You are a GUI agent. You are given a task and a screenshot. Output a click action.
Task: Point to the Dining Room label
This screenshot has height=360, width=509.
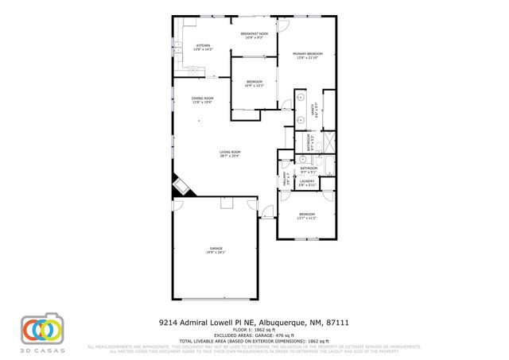coord(203,100)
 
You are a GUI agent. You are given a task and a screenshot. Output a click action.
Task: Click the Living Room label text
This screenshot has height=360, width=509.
coord(231,153)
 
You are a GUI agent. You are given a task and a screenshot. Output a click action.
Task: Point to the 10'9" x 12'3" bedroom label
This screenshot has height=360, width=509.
coord(254,83)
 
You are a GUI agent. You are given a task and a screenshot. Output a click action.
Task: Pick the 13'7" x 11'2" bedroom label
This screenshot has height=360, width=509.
coord(307,216)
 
